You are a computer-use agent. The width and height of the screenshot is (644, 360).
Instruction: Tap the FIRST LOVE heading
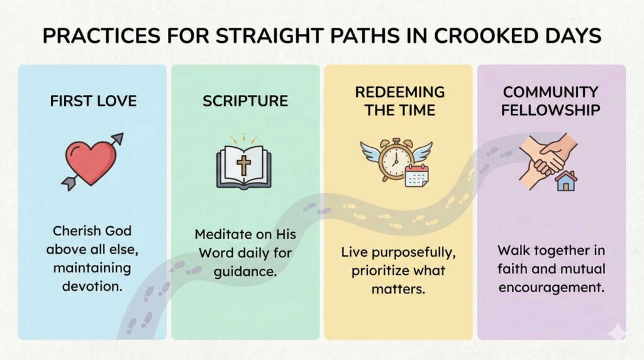[93, 101]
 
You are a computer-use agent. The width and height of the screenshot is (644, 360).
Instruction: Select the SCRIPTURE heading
[245, 101]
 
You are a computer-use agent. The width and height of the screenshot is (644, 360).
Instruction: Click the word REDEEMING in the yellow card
[399, 92]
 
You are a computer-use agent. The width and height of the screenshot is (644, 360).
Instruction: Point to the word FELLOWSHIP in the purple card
[552, 110]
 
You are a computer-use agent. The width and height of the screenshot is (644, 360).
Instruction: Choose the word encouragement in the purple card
[552, 288]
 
